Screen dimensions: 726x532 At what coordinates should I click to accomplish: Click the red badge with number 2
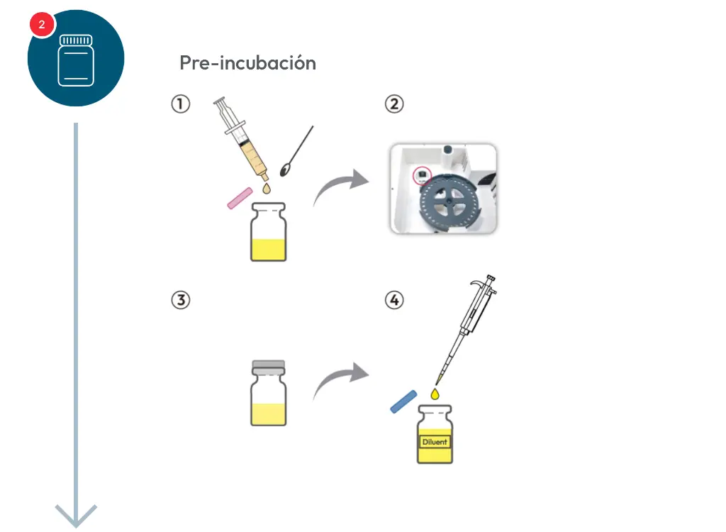pyautogui.click(x=42, y=25)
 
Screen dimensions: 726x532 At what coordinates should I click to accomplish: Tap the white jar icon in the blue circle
pyautogui.click(x=76, y=60)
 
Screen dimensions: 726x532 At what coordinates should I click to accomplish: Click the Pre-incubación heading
pyautogui.click(x=247, y=63)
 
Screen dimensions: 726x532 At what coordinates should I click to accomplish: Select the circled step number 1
pyautogui.click(x=181, y=104)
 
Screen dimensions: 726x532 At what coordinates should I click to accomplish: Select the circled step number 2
pyautogui.click(x=394, y=104)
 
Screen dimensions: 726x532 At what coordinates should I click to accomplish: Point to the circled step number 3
pyautogui.click(x=181, y=300)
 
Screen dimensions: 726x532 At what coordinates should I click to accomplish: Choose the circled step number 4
pyautogui.click(x=394, y=300)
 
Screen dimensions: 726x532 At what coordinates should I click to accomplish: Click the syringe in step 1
pyautogui.click(x=242, y=139)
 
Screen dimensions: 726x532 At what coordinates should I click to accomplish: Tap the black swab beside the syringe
pyautogui.click(x=296, y=151)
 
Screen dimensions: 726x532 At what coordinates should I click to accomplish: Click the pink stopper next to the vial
pyautogui.click(x=240, y=199)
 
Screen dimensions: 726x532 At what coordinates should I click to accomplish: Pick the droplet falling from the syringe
pyautogui.click(x=267, y=188)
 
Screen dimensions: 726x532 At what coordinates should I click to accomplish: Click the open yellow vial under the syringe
pyautogui.click(x=268, y=232)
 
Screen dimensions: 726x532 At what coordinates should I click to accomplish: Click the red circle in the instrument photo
pyautogui.click(x=422, y=176)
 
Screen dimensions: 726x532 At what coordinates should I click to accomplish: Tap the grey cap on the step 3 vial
pyautogui.click(x=268, y=367)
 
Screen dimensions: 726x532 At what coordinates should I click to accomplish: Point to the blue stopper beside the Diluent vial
pyautogui.click(x=403, y=401)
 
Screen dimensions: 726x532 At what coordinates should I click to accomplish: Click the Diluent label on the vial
pyautogui.click(x=435, y=442)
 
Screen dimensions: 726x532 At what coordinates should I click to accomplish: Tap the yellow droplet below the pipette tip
pyautogui.click(x=435, y=394)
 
